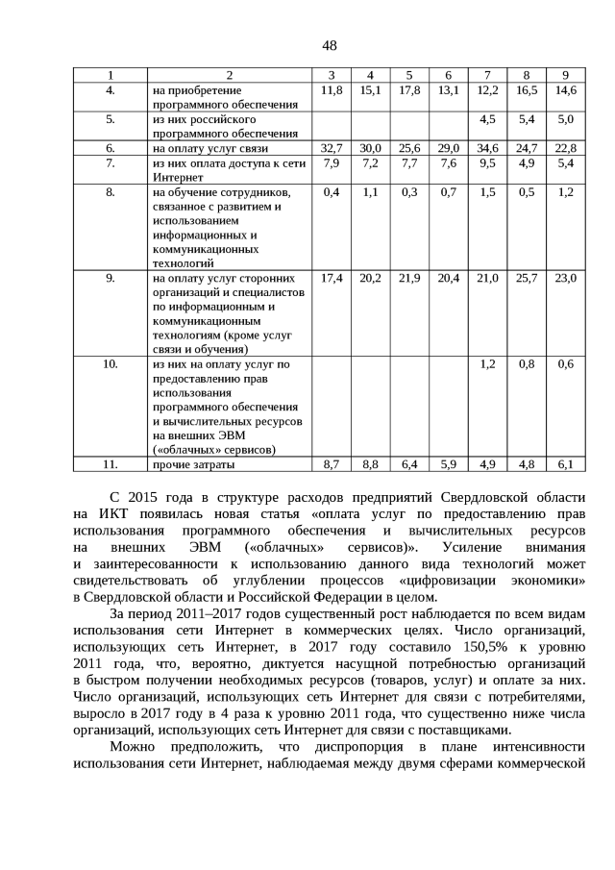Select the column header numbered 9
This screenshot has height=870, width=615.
pos(565,75)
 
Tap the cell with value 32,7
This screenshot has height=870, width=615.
pos(331,149)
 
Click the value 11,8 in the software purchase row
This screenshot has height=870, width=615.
pos(331,89)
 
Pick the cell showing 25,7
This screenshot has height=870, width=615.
pos(527,278)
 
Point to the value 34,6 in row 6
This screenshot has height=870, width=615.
pos(487,149)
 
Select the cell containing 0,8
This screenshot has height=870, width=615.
pos(527,364)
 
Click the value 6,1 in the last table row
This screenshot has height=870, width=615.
pos(565,464)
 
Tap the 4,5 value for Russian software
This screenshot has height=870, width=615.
pos(487,119)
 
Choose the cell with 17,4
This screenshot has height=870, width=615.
pos(331,278)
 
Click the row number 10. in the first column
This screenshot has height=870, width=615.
pos(110,364)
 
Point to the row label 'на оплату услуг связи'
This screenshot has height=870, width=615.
pos(210,149)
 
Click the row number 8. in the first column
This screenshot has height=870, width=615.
pos(110,192)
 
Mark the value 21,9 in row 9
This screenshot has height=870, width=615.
pos(409,278)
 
